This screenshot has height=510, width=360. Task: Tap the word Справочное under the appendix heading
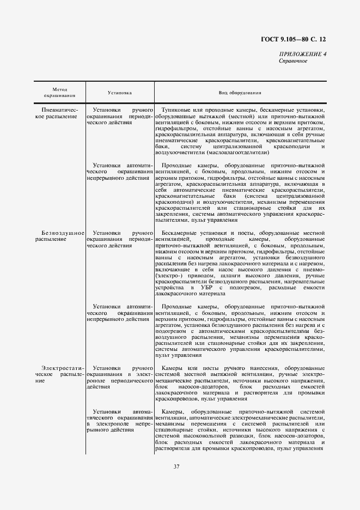tap(293, 61)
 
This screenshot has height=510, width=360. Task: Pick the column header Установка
tap(119, 93)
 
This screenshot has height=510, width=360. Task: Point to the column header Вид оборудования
tap(240, 93)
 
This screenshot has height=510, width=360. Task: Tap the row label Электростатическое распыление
tap(60, 375)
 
